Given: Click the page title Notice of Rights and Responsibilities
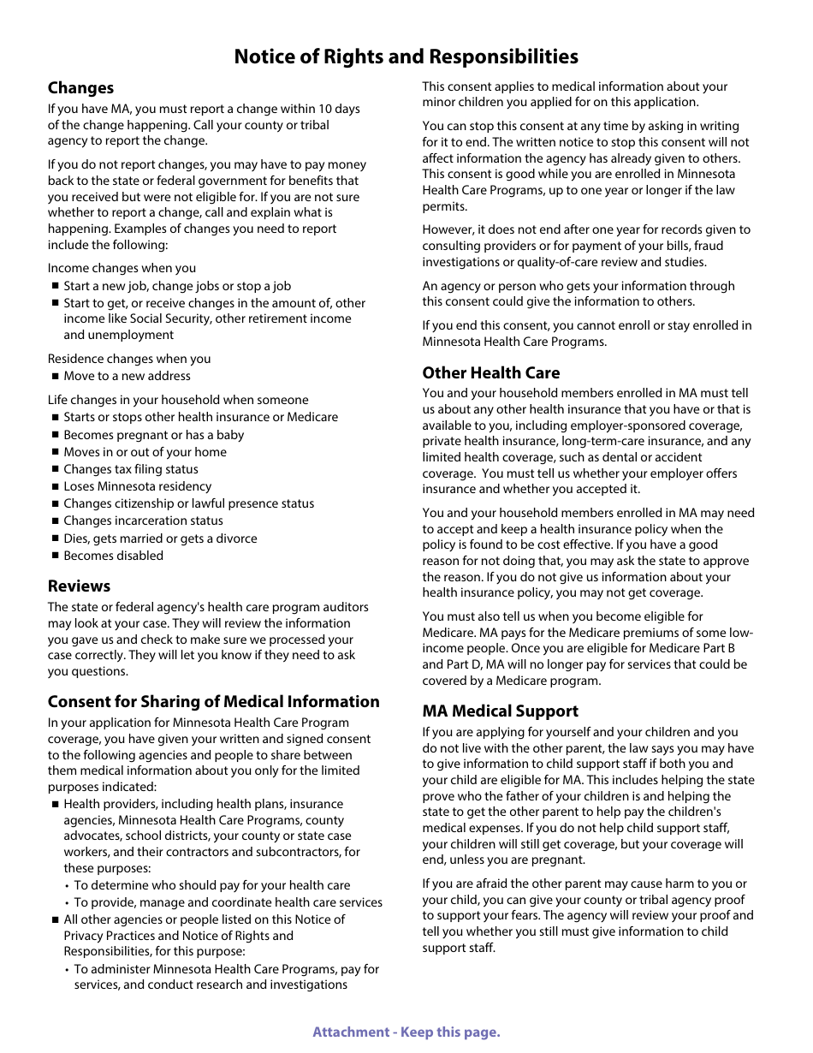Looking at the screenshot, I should click(x=406, y=57).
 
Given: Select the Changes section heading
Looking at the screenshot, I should click(x=80, y=87).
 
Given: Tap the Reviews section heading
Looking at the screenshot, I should click(x=79, y=586).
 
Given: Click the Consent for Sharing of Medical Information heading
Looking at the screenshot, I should click(x=213, y=701).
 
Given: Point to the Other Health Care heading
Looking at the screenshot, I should click(x=490, y=372).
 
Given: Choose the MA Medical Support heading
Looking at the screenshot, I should click(x=500, y=711).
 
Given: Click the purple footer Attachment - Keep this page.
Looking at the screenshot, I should click(x=406, y=1032).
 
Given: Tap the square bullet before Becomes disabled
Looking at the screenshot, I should click(x=55, y=556).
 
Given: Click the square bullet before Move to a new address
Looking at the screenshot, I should click(x=55, y=376).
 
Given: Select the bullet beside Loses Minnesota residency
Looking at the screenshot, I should click(x=55, y=486).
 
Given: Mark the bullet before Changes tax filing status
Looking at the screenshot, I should click(x=55, y=469).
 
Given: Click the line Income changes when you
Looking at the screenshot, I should click(x=122, y=268).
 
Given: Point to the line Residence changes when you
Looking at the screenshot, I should click(x=128, y=359).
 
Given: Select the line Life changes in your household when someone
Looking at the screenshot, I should click(x=178, y=400).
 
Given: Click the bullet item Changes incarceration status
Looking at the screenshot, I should click(x=143, y=521).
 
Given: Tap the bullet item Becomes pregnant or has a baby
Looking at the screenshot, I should click(x=153, y=435).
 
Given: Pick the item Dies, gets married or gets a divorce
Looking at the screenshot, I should click(x=160, y=538).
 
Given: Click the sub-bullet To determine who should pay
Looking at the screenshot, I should click(x=211, y=885).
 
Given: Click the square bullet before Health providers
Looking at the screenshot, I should click(x=55, y=805).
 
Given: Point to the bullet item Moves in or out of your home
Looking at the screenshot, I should click(x=145, y=452).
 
